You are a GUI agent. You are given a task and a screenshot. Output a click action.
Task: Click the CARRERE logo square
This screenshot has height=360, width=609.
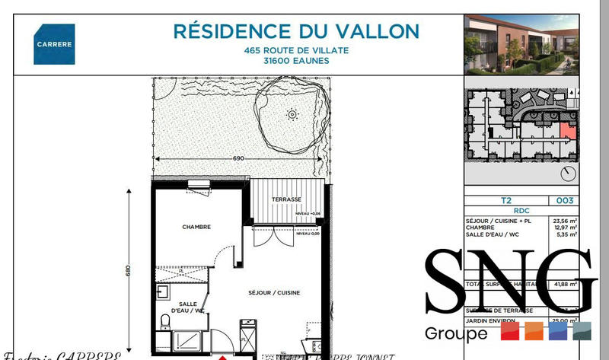pyautogui.click(x=54, y=44)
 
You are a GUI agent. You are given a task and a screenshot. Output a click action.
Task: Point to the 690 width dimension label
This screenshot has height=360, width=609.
pyautogui.click(x=238, y=158)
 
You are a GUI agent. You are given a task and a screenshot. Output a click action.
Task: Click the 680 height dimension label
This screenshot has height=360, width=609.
pyautogui.click(x=129, y=270)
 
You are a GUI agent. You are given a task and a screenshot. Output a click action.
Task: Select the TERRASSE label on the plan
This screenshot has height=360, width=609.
pyautogui.click(x=287, y=200)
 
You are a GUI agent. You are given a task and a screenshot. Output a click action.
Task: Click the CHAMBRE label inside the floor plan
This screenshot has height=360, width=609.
pyautogui.click(x=196, y=227)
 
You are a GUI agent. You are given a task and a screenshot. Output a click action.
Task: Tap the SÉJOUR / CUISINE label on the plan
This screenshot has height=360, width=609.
pyautogui.click(x=274, y=293)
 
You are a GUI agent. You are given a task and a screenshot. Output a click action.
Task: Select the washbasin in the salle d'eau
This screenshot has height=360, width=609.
pyautogui.click(x=162, y=292)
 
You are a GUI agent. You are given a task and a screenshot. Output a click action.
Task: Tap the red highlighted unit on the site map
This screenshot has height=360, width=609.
pyautogui.click(x=566, y=129)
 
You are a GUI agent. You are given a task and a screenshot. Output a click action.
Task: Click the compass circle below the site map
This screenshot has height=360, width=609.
pyautogui.click(x=566, y=174)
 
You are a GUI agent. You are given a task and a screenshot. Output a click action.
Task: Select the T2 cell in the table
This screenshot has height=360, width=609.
pyautogui.click(x=505, y=202)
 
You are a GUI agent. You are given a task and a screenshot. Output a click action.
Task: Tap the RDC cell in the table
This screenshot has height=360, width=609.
pyautogui.click(x=521, y=211)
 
